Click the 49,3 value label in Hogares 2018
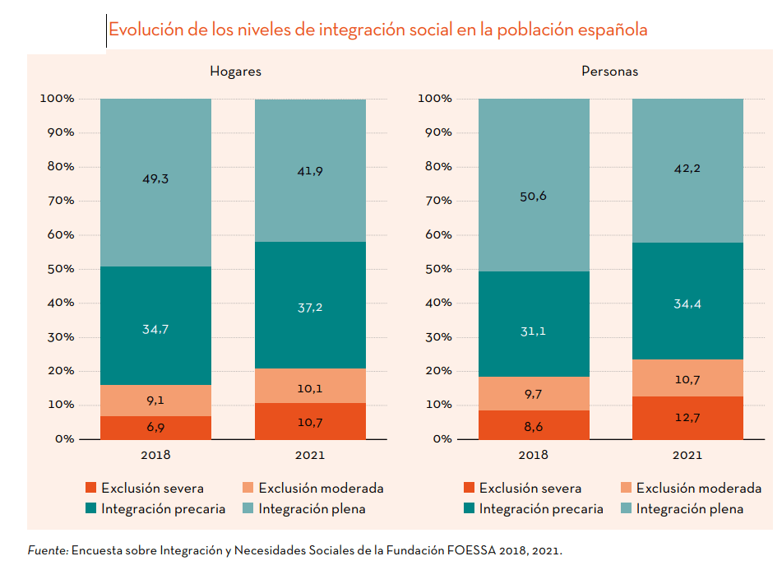(155, 178)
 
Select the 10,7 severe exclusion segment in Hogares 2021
(310, 422)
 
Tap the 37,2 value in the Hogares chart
(310, 307)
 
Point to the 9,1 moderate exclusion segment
(155, 401)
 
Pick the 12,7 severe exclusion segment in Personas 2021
(687, 418)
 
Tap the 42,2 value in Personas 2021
(687, 168)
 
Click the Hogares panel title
(235, 72)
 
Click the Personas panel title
(609, 72)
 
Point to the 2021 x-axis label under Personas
(687, 455)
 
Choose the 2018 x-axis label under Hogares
(155, 455)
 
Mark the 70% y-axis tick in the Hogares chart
(57, 200)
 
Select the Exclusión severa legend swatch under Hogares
(90, 488)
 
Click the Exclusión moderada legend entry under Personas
(699, 488)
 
